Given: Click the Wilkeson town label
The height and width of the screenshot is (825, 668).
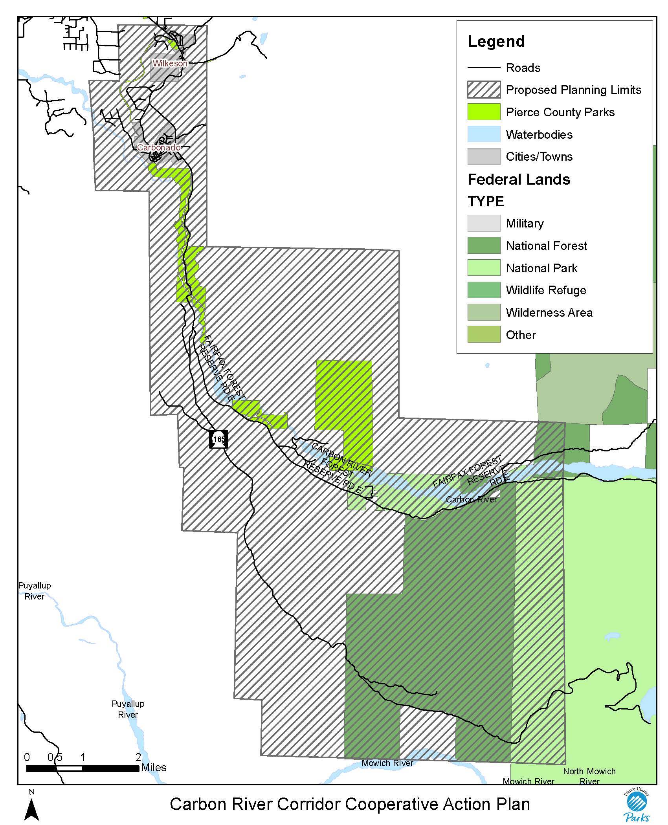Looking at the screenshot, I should click(x=170, y=63).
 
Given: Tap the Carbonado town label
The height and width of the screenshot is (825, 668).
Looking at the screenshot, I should click(x=159, y=148).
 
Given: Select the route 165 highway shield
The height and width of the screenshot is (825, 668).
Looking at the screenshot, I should click(x=218, y=439).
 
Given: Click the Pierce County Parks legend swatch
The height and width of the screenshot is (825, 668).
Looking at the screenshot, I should click(x=484, y=112).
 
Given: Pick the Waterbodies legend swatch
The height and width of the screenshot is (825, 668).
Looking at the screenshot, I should click(x=484, y=134).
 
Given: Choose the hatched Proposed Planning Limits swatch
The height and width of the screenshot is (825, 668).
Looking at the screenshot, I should click(x=484, y=90).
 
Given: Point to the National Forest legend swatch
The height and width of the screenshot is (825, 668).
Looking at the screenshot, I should click(x=484, y=246).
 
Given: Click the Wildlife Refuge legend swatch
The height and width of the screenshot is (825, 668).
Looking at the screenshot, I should click(x=484, y=290).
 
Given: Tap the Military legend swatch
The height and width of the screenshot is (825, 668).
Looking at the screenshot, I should click(x=484, y=223).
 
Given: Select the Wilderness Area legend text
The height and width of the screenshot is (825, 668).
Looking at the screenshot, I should click(x=549, y=313).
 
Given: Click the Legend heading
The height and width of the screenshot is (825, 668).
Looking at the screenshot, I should click(x=496, y=42).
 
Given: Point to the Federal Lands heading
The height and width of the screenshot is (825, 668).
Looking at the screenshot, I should click(x=519, y=180).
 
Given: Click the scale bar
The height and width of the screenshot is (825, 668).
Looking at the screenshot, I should click(x=83, y=768).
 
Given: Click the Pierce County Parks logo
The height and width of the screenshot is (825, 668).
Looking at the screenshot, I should click(x=637, y=805).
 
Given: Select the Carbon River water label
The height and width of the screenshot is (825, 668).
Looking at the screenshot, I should click(x=471, y=500).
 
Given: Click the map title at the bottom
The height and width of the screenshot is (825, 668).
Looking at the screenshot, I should click(x=350, y=804).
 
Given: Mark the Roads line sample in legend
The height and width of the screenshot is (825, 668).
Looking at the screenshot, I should click(x=484, y=68).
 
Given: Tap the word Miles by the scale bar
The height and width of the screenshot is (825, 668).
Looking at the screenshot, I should click(x=154, y=768).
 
